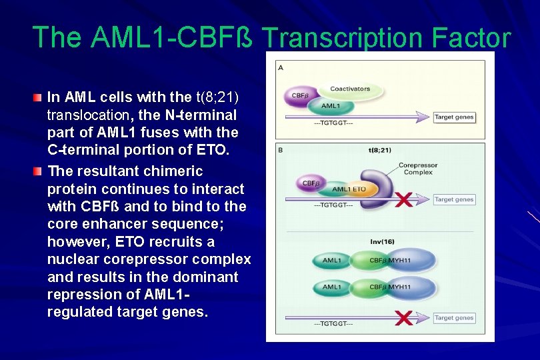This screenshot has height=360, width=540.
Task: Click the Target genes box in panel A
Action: pos(454,117)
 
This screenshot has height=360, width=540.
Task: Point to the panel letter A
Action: pos(281,68)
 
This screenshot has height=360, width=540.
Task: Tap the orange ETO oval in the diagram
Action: pos(359,189)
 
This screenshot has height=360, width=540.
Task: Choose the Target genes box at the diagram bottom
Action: pos(454,318)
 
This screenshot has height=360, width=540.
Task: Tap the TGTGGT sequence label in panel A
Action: pos(333,123)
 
